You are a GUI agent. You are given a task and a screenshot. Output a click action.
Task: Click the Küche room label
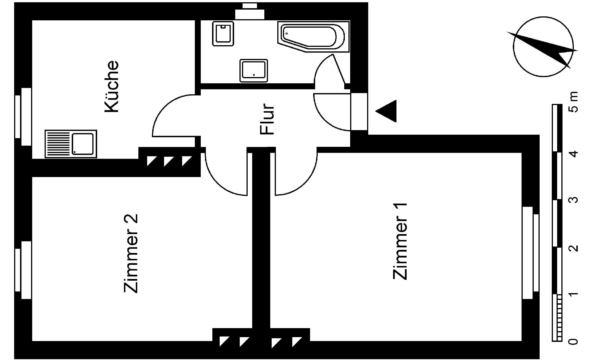112,86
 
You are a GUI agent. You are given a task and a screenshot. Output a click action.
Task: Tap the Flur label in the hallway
267,119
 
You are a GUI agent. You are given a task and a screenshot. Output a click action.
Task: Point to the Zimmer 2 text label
131,253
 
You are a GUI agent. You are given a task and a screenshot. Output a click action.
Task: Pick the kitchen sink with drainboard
71,144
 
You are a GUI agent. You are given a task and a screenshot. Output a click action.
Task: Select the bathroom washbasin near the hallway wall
254,71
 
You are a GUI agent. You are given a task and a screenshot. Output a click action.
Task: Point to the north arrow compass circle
543,47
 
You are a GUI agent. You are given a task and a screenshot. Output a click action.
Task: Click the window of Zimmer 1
530,253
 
